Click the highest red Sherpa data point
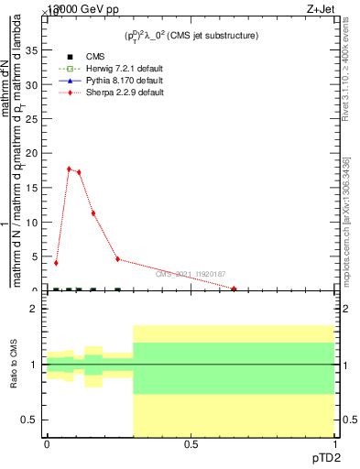pyautogui.click(x=69, y=169)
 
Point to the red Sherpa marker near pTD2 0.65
pyautogui.click(x=235, y=289)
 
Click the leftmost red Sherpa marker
pyautogui.click(x=57, y=263)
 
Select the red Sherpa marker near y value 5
pyautogui.click(x=118, y=258)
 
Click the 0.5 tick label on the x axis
pyautogui.click(x=191, y=444)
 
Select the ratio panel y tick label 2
pyautogui.click(x=34, y=309)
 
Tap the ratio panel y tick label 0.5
pyautogui.click(x=29, y=420)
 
